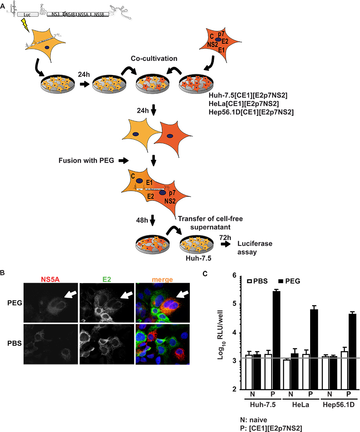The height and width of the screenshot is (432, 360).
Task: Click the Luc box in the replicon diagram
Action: point(28,14)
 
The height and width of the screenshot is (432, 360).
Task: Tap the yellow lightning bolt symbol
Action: point(25,24)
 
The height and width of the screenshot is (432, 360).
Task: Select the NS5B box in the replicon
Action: point(99,14)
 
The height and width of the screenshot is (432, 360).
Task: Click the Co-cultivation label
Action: point(154,59)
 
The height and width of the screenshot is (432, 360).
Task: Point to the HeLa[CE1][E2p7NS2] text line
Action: point(244,104)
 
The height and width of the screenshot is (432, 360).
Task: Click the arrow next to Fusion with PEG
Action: point(123,160)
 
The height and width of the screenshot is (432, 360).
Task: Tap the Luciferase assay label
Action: point(255,248)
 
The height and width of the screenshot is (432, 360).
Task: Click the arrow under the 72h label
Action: point(226,244)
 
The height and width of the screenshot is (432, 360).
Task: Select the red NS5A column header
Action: point(50,279)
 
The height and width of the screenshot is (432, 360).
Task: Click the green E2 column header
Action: point(107,279)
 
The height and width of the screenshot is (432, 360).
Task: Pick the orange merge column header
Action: point(162,279)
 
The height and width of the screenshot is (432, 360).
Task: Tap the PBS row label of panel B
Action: point(15,343)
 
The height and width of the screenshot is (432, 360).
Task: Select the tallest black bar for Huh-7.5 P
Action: point(276,340)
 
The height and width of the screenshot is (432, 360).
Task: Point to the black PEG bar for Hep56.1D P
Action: point(352,351)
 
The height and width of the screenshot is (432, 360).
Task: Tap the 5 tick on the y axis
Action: point(234,304)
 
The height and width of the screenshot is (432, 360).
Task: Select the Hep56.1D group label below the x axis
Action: point(338,405)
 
